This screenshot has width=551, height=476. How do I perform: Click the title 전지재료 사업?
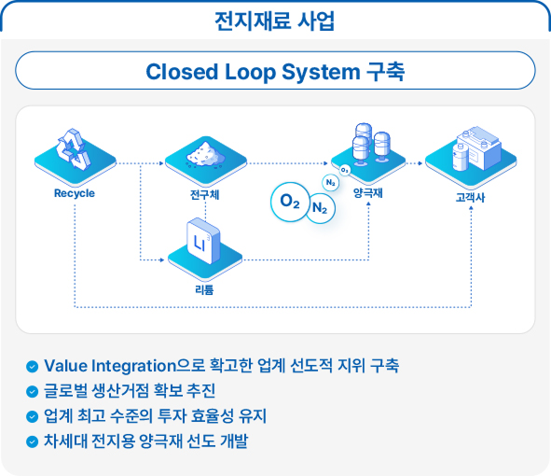tap(274, 21)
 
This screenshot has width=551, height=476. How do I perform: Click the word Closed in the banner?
tap(182, 72)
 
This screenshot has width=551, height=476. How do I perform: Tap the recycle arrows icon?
tap(74, 149)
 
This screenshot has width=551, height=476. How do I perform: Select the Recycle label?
tap(75, 193)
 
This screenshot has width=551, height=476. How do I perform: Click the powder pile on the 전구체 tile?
tap(205, 155)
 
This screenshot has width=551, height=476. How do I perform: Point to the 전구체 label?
tap(205, 194)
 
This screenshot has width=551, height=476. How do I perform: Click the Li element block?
tap(203, 241)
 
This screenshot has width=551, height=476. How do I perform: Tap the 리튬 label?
tap(204, 289)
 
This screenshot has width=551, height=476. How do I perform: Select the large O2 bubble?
tap(290, 202)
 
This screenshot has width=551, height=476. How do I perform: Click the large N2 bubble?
tap(320, 208)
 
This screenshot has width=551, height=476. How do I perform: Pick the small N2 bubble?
tap(331, 183)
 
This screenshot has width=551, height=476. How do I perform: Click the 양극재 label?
tap(368, 192)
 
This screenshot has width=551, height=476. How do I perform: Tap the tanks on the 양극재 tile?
tap(371, 145)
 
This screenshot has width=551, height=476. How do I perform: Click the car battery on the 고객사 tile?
tap(479, 147)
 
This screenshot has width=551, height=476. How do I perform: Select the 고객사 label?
tap(471, 197)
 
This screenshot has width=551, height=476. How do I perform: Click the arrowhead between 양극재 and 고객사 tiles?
tap(420, 163)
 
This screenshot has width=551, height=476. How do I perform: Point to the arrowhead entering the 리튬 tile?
tap(162, 260)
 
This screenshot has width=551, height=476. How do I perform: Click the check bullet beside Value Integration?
tap(33, 366)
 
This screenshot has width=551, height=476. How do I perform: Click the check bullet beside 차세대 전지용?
tap(33, 441)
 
